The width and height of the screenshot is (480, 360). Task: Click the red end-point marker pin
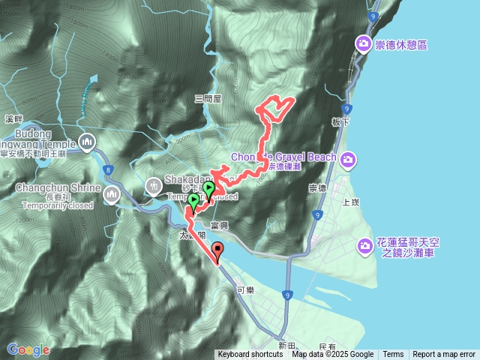[x=218, y=253]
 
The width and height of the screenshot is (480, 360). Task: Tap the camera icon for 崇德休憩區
[x=364, y=44]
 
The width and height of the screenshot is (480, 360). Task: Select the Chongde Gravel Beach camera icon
[x=347, y=157]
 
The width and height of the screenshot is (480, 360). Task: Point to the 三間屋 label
[x=208, y=98]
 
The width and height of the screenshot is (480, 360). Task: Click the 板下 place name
[x=340, y=121]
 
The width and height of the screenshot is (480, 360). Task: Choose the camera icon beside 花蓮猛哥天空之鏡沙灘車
[x=364, y=245]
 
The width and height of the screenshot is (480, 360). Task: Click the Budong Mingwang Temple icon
[x=87, y=140]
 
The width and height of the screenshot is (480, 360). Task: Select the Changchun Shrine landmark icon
[x=112, y=195]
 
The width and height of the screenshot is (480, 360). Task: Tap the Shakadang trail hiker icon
[x=154, y=184]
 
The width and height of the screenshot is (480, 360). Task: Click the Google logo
[x=28, y=349]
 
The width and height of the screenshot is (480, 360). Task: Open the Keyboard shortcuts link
[x=250, y=355]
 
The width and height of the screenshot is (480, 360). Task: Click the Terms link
[x=393, y=355]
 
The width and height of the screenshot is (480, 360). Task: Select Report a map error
[x=444, y=355]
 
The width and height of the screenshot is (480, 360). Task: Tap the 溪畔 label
[x=14, y=118]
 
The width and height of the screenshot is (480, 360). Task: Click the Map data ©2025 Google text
[x=333, y=355]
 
